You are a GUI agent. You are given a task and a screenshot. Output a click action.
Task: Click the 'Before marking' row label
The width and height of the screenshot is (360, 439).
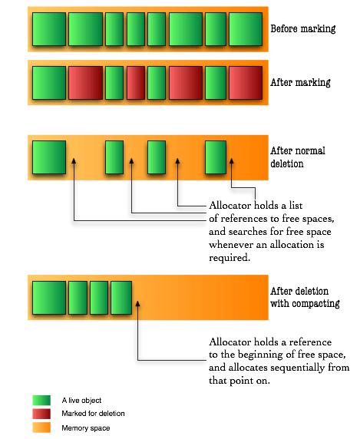point(303,29)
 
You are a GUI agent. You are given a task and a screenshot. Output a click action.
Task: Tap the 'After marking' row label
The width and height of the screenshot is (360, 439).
point(300,82)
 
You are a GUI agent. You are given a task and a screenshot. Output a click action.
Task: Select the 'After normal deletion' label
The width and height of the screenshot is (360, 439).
point(298,157)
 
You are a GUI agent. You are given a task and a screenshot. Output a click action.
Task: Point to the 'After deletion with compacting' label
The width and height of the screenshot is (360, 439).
point(305,297)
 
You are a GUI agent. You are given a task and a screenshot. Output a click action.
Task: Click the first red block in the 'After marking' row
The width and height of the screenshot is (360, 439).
point(85,83)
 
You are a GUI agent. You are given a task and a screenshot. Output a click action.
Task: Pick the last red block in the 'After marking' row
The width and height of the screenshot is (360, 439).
point(246,83)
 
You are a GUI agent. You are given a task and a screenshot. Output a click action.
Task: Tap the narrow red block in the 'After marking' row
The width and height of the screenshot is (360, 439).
point(136,83)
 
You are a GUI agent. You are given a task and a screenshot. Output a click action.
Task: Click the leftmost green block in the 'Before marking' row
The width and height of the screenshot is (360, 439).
point(49,29)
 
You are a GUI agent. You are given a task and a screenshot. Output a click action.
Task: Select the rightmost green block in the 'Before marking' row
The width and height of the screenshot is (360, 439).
point(246,29)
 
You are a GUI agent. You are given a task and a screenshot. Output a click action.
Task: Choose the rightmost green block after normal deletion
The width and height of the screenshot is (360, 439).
point(216,157)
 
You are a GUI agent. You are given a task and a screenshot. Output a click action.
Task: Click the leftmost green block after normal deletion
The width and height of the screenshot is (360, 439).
point(49,157)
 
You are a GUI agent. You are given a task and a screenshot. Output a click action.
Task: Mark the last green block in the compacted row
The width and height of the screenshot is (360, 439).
point(121,298)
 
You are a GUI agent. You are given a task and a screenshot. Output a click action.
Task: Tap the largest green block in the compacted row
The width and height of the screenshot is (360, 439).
point(49,298)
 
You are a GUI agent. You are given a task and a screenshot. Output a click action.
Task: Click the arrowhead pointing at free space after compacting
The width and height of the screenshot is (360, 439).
point(137,304)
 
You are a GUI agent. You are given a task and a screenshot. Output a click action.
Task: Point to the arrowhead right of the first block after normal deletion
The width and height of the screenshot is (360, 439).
point(74,161)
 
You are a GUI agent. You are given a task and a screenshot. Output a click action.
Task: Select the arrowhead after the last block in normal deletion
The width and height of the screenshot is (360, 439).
point(232,161)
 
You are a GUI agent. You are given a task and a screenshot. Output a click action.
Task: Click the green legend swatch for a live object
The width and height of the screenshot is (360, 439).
point(41,401)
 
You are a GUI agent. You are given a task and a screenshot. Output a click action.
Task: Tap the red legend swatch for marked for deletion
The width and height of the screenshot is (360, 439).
point(41,414)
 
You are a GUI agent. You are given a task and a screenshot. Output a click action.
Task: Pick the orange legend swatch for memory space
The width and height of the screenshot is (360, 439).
point(41,427)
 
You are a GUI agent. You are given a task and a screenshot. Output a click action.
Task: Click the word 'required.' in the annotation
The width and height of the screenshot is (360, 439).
point(230,258)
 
